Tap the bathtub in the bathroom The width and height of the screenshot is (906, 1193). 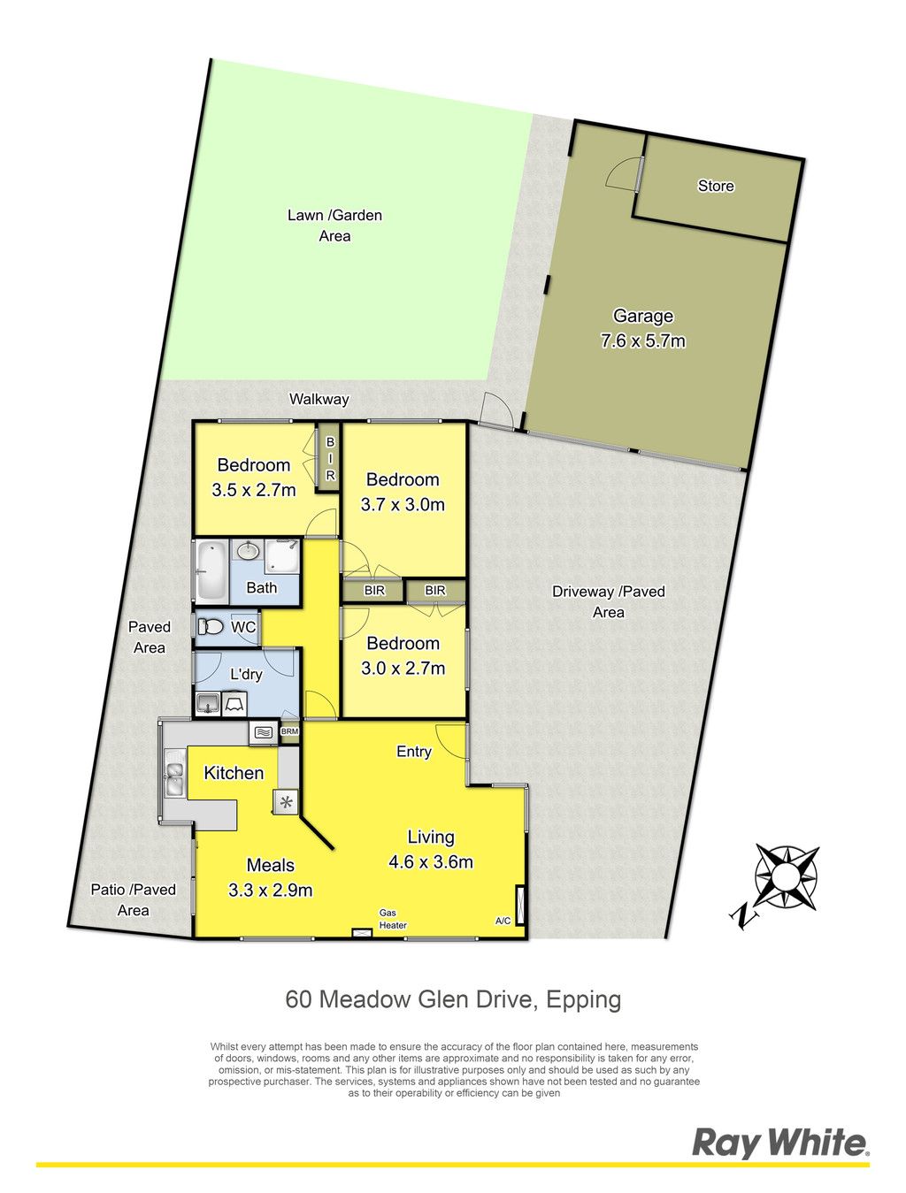pos(211,571)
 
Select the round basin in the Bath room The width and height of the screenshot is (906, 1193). pos(249,551)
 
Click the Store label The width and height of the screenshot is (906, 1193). pos(715,186)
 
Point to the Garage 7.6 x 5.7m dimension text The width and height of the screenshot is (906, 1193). pos(642,340)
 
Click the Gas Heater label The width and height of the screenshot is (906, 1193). pos(393,919)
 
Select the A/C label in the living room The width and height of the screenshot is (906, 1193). pos(503,922)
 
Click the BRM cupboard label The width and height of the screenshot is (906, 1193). pos(289,731)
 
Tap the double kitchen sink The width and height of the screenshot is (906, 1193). pos(175,776)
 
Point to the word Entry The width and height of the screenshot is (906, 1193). pos(413,752)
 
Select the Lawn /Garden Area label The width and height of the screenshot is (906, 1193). pos(334,226)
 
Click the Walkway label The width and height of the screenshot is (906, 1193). pos(319,400)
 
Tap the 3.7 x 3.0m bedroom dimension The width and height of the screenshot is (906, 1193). pos(403,504)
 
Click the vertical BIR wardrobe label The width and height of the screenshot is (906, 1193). pos(330,459)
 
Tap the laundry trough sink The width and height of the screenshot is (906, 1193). pos(208,704)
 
